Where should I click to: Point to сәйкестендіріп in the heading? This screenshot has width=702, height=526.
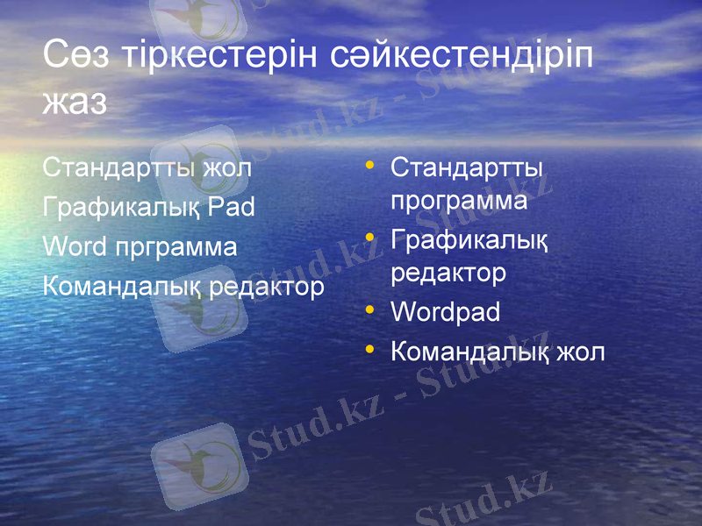pyautogui.click(x=464, y=58)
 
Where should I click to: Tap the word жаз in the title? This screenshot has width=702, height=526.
pyautogui.click(x=75, y=103)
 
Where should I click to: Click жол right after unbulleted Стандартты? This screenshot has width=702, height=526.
pyautogui.click(x=226, y=167)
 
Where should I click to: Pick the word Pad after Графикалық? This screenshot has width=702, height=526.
pyautogui.click(x=233, y=207)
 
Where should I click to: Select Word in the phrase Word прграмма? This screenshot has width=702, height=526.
pyautogui.click(x=75, y=246)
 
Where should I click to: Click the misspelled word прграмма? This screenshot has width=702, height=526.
pyautogui.click(x=176, y=248)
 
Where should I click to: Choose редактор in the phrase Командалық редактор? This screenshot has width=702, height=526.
pyautogui.click(x=268, y=287)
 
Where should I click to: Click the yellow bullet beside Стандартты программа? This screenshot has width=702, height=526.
pyautogui.click(x=371, y=165)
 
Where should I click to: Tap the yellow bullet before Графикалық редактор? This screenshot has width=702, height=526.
pyautogui.click(x=371, y=238)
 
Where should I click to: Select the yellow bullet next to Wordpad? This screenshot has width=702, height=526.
pyautogui.click(x=371, y=310)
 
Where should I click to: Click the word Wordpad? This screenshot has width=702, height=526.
pyautogui.click(x=445, y=311)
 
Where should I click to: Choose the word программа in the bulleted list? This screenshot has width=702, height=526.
pyautogui.click(x=459, y=202)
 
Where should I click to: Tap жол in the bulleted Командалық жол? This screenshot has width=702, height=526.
pyautogui.click(x=579, y=352)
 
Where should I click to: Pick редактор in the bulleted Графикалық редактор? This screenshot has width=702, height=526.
pyautogui.click(x=448, y=274)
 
